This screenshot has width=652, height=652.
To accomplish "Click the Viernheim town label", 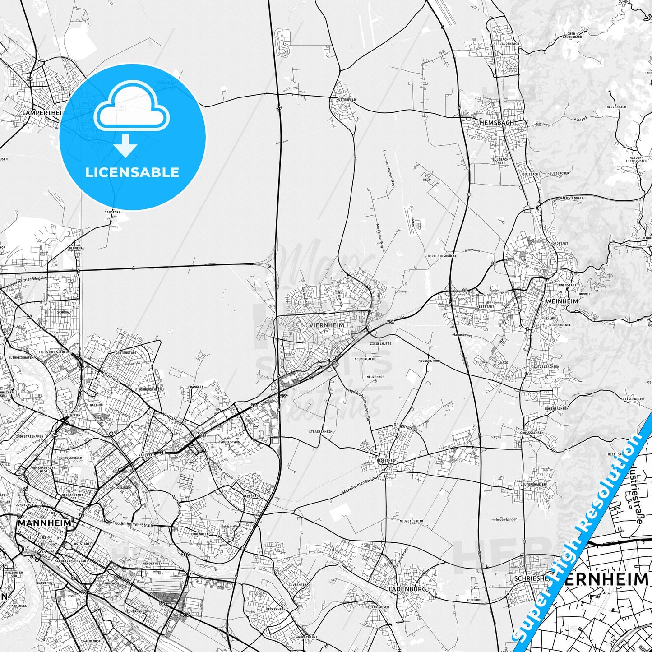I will pyautogui.click(x=327, y=325).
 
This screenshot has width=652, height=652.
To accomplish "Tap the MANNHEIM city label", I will pyautogui.click(x=45, y=523).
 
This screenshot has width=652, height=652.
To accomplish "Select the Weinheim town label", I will pyautogui.click(x=561, y=301).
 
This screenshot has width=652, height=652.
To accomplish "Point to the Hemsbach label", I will pyautogui.click(x=497, y=122).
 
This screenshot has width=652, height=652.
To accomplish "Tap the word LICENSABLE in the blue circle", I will pyautogui.click(x=132, y=172).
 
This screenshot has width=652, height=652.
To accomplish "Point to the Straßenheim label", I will pyautogui.click(x=320, y=432).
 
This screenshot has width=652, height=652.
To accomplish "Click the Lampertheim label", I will pyautogui.click(x=43, y=112).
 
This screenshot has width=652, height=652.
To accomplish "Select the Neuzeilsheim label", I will pyautogui.click(x=411, y=521).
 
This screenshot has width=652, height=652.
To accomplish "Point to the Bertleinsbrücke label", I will pyautogui.click(x=442, y=256).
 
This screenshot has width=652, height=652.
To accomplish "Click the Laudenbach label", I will pyautogui.click(x=509, y=44).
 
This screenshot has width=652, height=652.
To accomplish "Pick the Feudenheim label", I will pyautogui.click(x=199, y=534).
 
